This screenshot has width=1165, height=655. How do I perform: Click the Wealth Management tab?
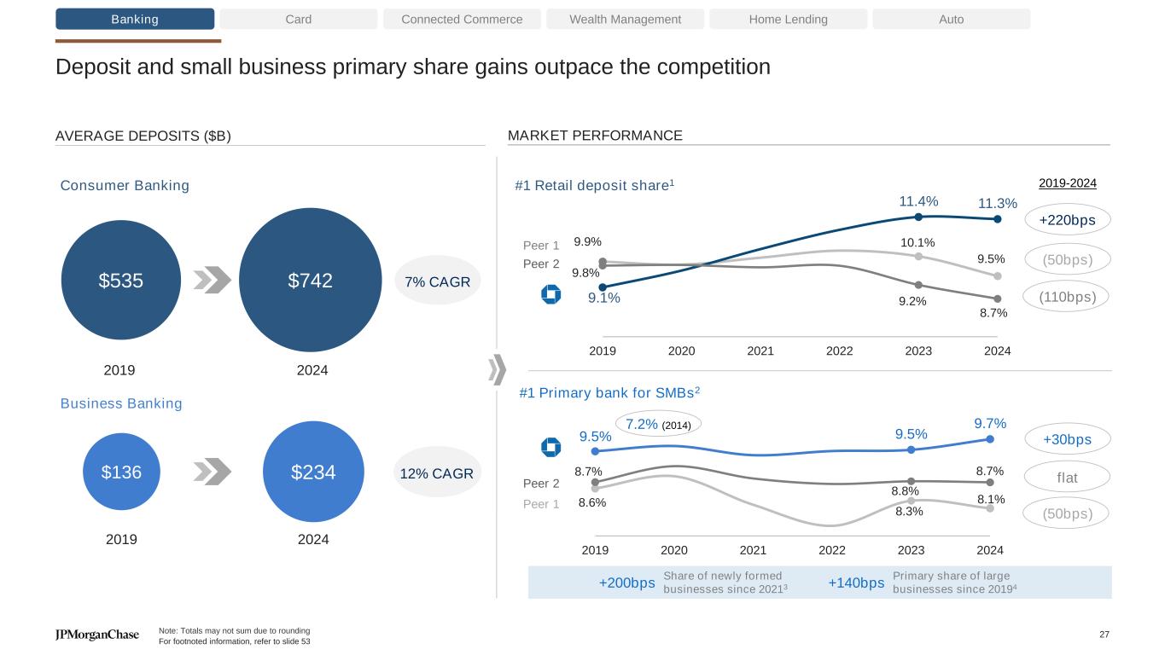point(625,19)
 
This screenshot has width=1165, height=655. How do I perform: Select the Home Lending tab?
point(788,19)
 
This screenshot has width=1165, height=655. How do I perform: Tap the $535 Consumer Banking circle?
point(121,280)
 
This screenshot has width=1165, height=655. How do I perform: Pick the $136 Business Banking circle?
point(122,472)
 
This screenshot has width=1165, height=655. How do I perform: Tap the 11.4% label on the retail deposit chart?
point(918,201)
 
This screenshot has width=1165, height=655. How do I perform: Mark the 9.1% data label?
point(604,299)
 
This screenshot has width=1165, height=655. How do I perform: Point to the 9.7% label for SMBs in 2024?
point(990,423)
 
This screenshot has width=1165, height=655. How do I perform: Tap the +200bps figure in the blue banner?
point(627,583)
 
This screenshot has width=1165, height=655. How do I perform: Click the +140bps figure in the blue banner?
point(856,583)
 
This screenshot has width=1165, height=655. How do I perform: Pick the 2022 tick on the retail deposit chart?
point(839,351)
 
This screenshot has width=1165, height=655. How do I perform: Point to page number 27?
point(1104,634)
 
